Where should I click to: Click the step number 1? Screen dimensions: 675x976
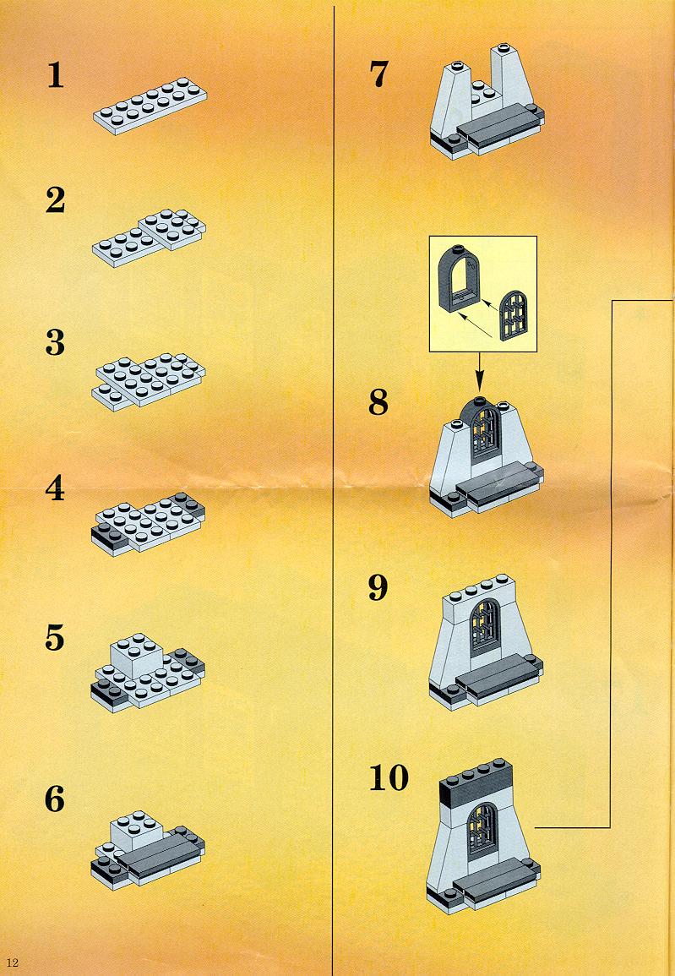(56, 75)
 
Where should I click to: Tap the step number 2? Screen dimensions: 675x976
(56, 200)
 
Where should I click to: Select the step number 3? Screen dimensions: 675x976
(56, 343)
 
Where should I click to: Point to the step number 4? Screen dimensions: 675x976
(56, 488)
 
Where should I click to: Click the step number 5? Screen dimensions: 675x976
(56, 638)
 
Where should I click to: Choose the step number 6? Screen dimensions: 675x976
(56, 799)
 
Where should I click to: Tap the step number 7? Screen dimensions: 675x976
(378, 74)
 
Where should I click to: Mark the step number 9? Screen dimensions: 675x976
(378, 587)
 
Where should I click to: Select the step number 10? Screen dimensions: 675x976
(389, 777)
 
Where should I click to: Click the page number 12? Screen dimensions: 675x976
(13, 962)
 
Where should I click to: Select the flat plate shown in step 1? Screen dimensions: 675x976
(150, 105)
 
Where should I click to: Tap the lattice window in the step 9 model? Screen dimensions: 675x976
(485, 625)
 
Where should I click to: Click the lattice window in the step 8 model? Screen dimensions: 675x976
(485, 433)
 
